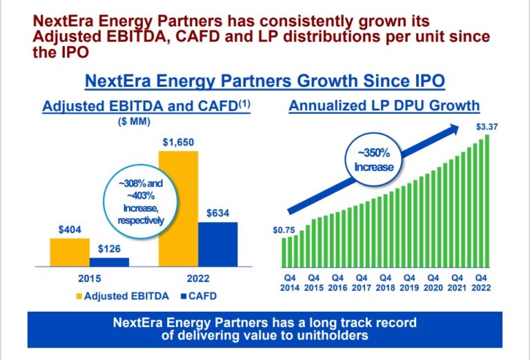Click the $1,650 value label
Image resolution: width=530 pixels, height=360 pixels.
pos(178,143)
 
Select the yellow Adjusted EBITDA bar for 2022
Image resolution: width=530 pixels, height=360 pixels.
pos(178,207)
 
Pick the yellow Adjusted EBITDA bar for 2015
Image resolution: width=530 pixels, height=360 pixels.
pos(70,252)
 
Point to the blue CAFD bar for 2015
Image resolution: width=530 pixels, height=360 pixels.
pos(109,261)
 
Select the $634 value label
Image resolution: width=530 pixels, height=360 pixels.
pos(218,214)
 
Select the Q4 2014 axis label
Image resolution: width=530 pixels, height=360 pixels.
pos(291,283)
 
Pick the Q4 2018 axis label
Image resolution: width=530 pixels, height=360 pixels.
pos(385,283)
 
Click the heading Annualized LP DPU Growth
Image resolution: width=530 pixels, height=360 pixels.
pos(384,106)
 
